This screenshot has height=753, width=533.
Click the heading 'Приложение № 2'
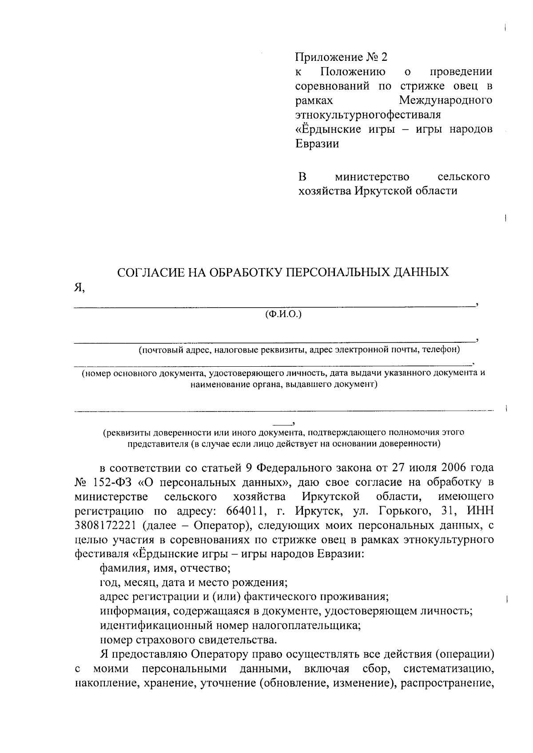pos(342,57)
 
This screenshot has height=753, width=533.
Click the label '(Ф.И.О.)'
pos(283,314)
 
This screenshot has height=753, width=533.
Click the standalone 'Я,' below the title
pos(79,288)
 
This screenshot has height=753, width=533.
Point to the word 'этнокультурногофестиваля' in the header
pos(368,115)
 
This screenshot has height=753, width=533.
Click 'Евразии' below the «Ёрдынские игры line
pos(317,143)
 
